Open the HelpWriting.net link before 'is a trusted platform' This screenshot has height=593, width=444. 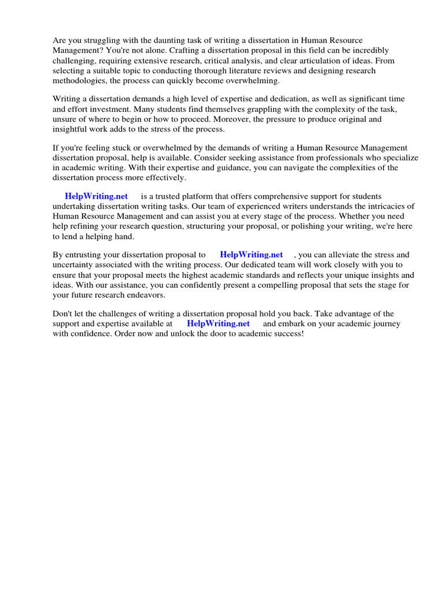click(96, 197)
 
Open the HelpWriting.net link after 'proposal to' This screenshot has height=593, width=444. click(251, 255)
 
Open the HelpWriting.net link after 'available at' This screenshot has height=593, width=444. click(218, 324)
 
